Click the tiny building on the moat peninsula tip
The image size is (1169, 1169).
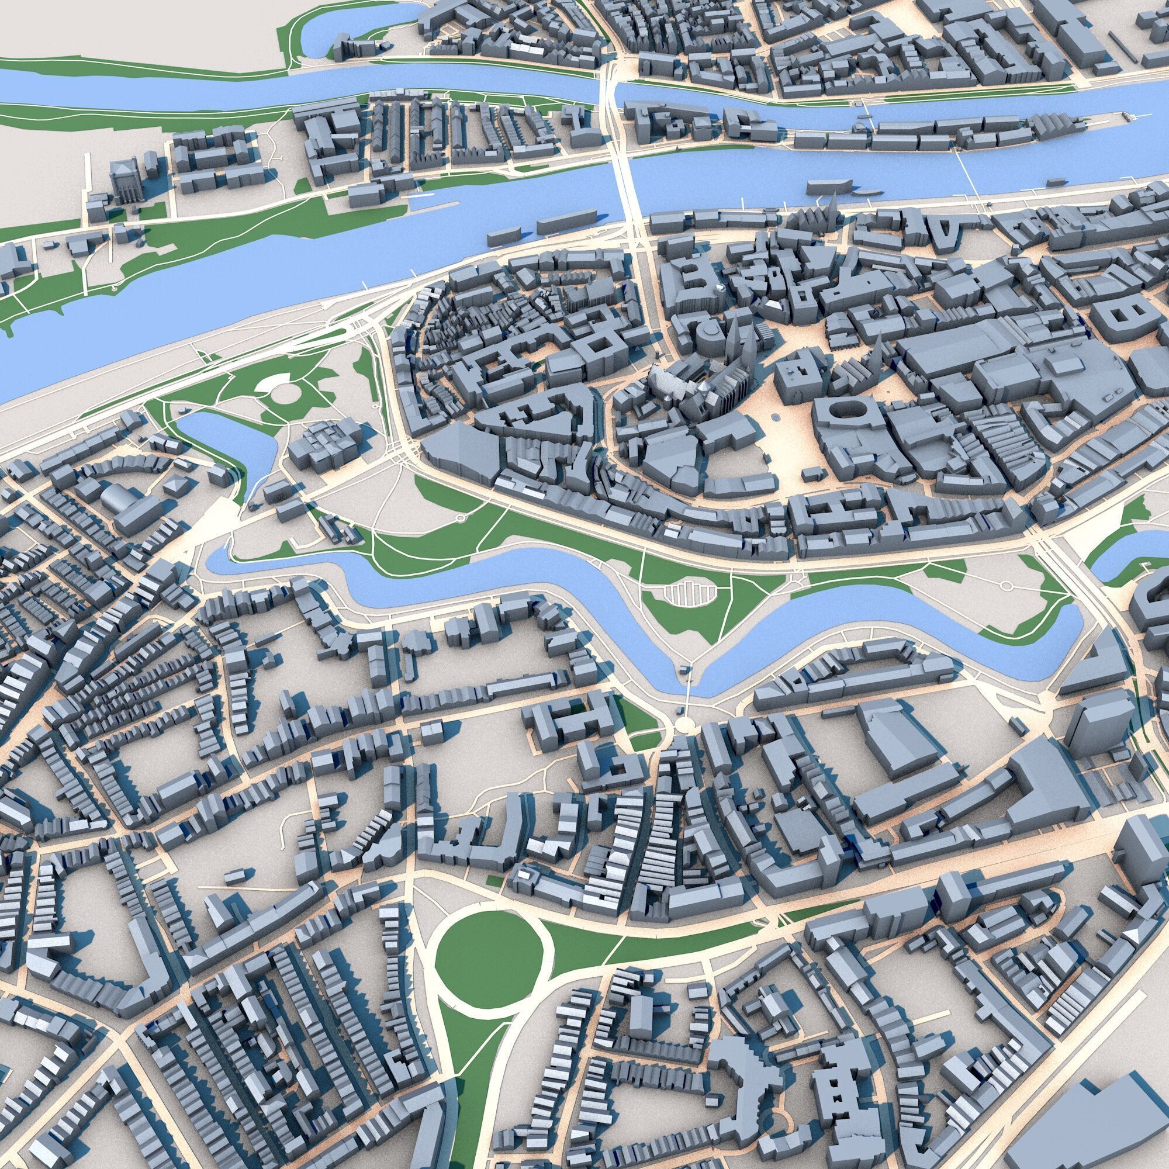point(684,669)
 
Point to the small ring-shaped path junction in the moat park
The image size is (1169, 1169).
point(460,518)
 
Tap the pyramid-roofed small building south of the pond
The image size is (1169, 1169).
point(175,484)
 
